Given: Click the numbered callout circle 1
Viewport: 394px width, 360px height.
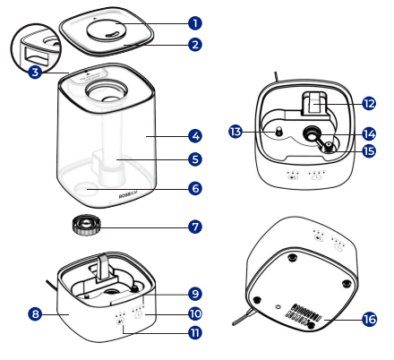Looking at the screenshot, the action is pyautogui.click(x=195, y=23).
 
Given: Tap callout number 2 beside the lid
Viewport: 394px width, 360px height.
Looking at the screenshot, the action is pyautogui.click(x=195, y=45).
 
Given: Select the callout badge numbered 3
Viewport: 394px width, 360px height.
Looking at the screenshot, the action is pyautogui.click(x=35, y=72).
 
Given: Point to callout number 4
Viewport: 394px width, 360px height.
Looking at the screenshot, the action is pyautogui.click(x=195, y=136).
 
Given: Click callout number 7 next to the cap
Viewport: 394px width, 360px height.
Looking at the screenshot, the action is pyautogui.click(x=195, y=227).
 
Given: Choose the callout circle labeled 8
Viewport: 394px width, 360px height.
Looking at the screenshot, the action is pyautogui.click(x=35, y=313).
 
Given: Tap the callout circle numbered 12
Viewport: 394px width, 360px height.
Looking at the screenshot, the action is pyautogui.click(x=369, y=104).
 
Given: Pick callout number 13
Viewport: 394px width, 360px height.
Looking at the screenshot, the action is pyautogui.click(x=236, y=132).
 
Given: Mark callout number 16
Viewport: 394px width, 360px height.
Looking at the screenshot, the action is pyautogui.click(x=369, y=319).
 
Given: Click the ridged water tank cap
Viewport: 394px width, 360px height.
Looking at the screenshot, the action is pyautogui.click(x=86, y=225).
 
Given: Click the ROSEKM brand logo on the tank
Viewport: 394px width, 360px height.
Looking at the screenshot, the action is pyautogui.click(x=129, y=196).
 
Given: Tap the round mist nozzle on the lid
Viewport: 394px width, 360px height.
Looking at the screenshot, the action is pyautogui.click(x=106, y=30).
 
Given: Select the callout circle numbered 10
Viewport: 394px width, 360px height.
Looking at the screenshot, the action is pyautogui.click(x=195, y=313).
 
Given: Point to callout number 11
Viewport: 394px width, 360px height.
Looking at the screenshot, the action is pyautogui.click(x=195, y=332).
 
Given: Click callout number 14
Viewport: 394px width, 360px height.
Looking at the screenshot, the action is pyautogui.click(x=369, y=133).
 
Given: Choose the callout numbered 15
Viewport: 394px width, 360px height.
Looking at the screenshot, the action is pyautogui.click(x=369, y=150).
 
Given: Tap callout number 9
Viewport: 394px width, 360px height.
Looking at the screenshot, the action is pyautogui.click(x=195, y=294).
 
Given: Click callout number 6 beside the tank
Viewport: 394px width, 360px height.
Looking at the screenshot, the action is pyautogui.click(x=195, y=188).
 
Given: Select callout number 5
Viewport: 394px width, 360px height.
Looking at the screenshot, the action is pyautogui.click(x=195, y=159).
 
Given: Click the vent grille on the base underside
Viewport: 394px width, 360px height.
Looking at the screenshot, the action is pyautogui.click(x=304, y=315).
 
